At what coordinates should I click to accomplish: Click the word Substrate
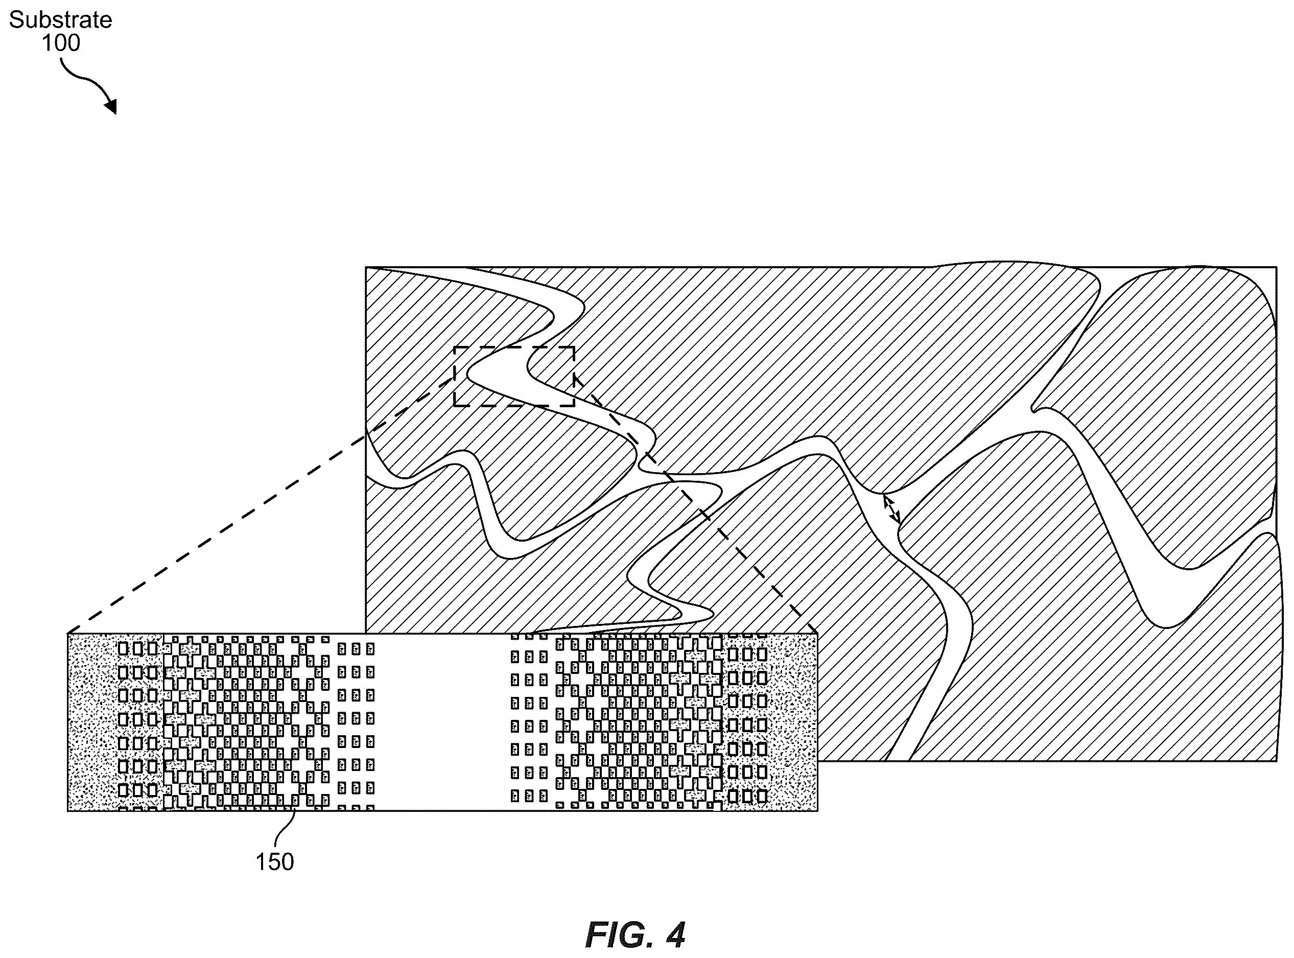click(x=60, y=20)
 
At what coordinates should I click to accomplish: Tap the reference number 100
click(x=61, y=43)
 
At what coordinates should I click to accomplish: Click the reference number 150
click(x=275, y=862)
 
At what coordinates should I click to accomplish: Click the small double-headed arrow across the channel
click(x=891, y=508)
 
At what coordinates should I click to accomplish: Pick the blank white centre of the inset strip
click(x=442, y=722)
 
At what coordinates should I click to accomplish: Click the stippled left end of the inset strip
click(x=93, y=722)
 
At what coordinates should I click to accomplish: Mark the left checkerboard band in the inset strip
click(x=246, y=722)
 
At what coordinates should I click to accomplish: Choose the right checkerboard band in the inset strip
click(x=638, y=722)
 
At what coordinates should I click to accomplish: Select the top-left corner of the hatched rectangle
click(x=366, y=267)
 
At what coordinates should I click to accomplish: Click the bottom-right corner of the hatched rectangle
click(x=1276, y=760)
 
